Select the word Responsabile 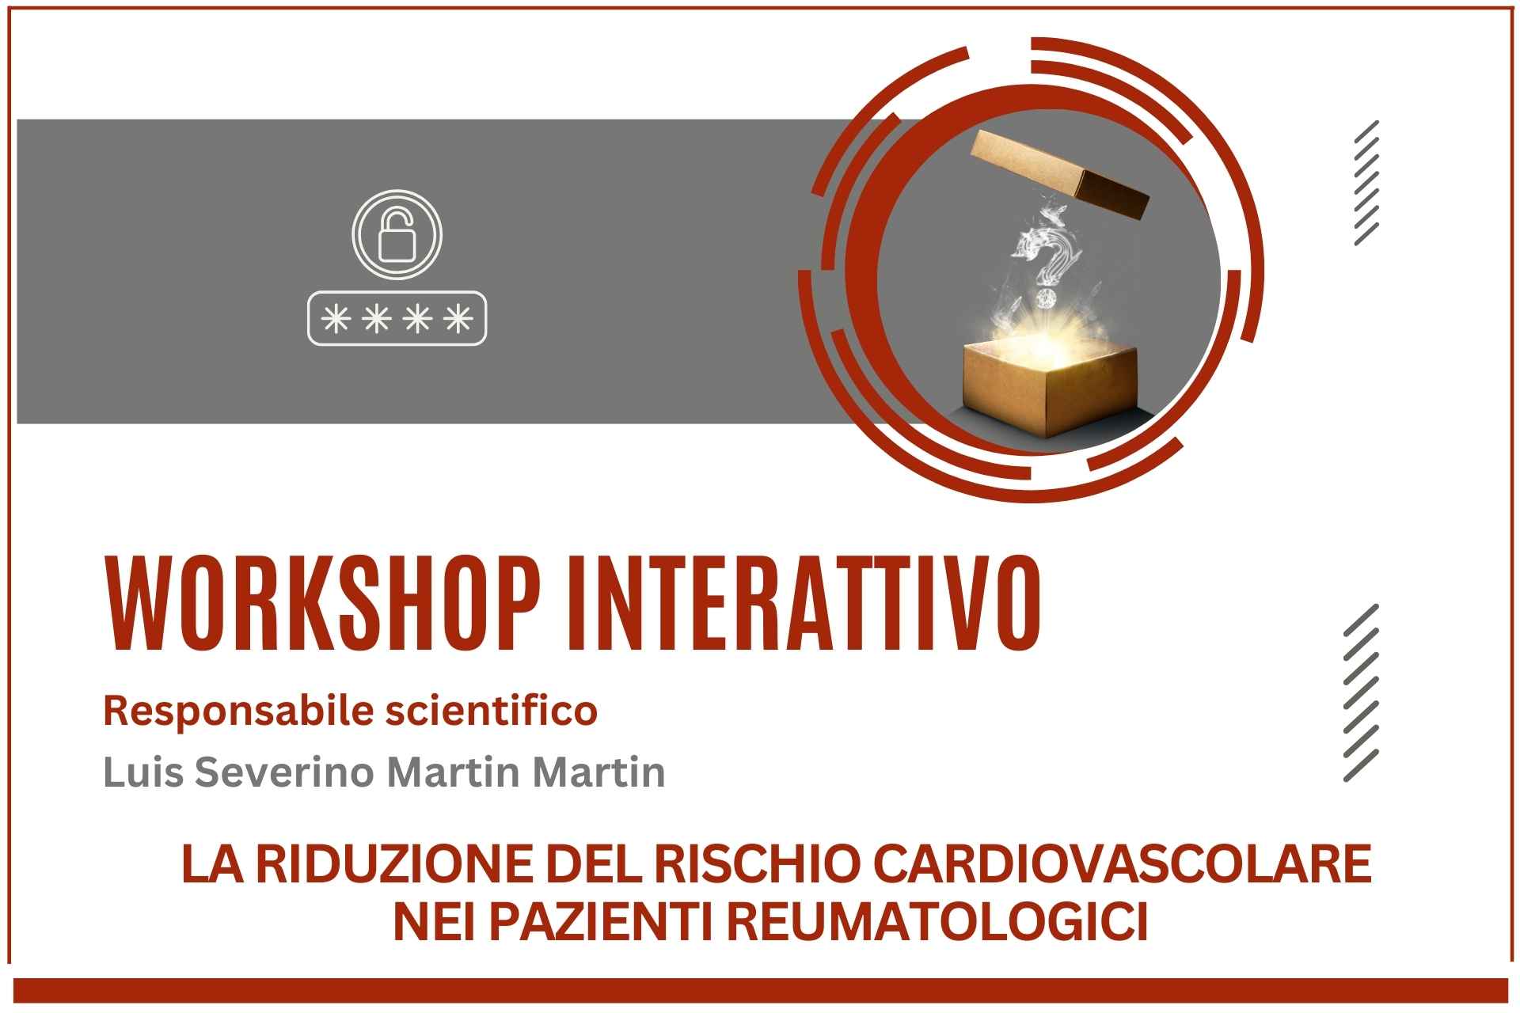click(238, 712)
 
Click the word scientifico click(491, 711)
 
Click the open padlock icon click(397, 234)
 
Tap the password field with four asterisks click(397, 319)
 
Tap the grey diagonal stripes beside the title click(1361, 692)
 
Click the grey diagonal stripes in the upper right click(1366, 183)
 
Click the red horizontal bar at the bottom click(761, 990)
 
